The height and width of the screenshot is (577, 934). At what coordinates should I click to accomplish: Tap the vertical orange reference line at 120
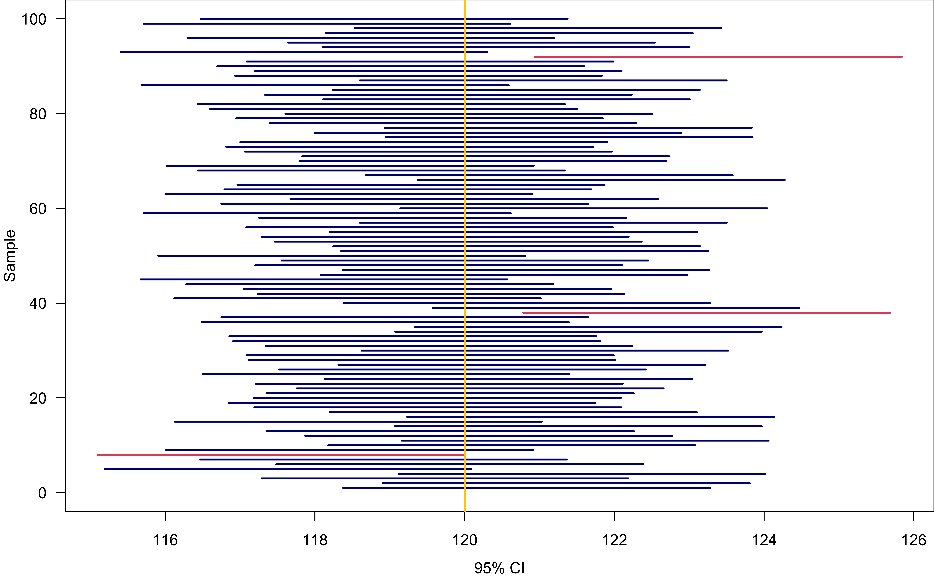464,267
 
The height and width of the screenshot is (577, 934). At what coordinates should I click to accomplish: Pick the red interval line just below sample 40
706,313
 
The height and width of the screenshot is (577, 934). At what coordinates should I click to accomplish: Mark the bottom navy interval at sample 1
527,488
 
